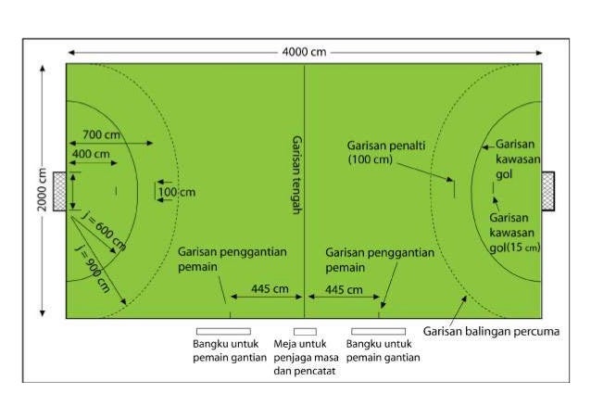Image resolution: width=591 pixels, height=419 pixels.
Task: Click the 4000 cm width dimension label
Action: [305, 52]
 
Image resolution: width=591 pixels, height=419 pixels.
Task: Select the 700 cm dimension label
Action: [99, 134]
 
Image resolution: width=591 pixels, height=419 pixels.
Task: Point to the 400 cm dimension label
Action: [90, 153]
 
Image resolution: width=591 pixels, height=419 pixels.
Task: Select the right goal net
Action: [548, 191]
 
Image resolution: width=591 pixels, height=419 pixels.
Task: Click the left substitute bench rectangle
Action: [222, 331]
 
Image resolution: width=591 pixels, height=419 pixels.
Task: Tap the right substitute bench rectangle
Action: [378, 331]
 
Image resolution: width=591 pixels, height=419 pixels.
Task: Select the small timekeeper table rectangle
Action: [305, 331]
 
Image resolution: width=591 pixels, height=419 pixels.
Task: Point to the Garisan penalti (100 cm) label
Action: [383, 153]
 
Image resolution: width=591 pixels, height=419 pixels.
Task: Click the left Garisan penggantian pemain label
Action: [233, 259]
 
